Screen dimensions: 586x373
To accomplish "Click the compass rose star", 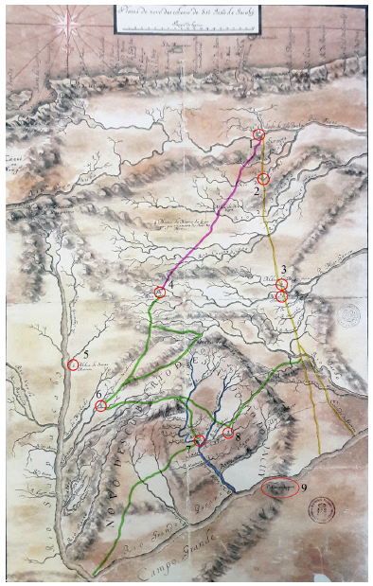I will (66, 23).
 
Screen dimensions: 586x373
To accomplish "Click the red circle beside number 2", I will (264, 178).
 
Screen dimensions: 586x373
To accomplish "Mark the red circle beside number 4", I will (159, 293).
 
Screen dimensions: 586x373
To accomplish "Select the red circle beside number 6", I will (101, 406).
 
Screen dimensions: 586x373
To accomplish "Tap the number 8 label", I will (239, 438).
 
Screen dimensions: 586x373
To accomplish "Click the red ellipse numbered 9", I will (279, 488).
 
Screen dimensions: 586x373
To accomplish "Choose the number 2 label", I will (257, 191).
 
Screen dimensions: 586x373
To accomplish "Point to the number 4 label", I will (170, 290).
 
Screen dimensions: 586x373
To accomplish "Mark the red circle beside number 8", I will (227, 433).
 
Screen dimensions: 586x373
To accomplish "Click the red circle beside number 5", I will (73, 364).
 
